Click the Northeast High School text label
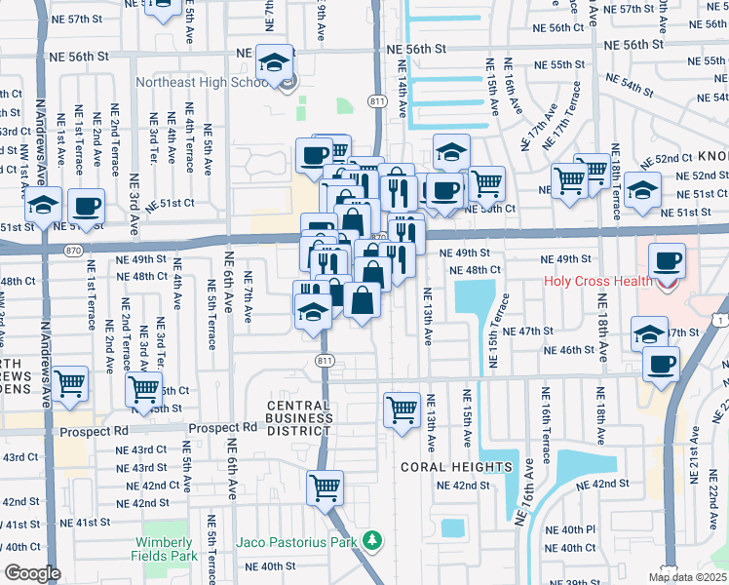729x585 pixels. pos(202,83)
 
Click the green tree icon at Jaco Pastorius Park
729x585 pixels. pos(370,539)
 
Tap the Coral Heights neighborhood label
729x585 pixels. pos(457,467)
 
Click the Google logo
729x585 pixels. pos(32,573)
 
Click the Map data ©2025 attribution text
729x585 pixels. pos(687,577)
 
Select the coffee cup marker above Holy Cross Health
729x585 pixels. pos(667,261)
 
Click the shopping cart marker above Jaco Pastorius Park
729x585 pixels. pos(326,487)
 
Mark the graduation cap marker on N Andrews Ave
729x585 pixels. pos(43,206)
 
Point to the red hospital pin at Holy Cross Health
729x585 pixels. pos(667,285)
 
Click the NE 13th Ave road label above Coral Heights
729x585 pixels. pos(430,421)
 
